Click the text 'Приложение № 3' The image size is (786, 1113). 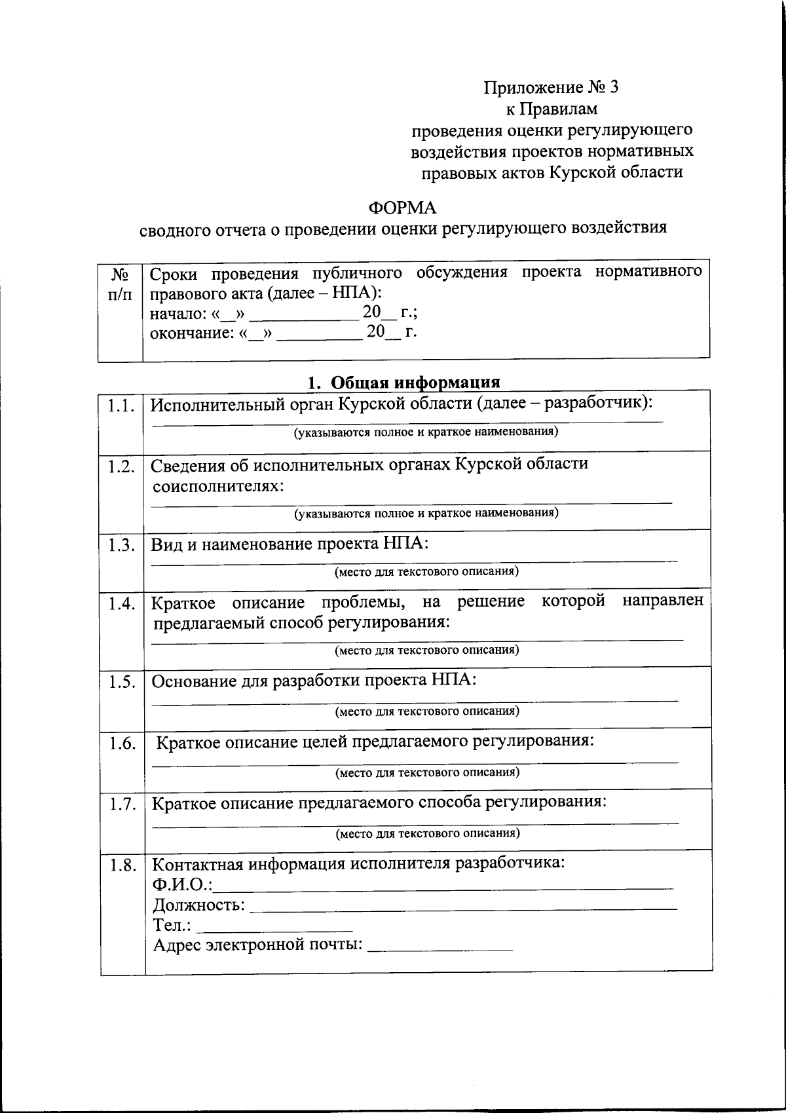point(551,87)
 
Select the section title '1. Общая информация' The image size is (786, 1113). point(404,382)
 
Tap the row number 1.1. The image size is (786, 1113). point(121,406)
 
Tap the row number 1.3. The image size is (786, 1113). point(122,546)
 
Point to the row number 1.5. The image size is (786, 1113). point(122,682)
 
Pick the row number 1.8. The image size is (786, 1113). point(123,865)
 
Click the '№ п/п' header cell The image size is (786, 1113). point(120,284)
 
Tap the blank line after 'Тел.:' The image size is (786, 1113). point(274,928)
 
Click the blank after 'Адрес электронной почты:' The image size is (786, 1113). point(440,947)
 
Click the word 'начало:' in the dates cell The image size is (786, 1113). point(175,313)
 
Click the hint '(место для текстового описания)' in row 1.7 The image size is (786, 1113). point(428,833)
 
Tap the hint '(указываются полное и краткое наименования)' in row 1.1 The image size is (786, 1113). point(426,432)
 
